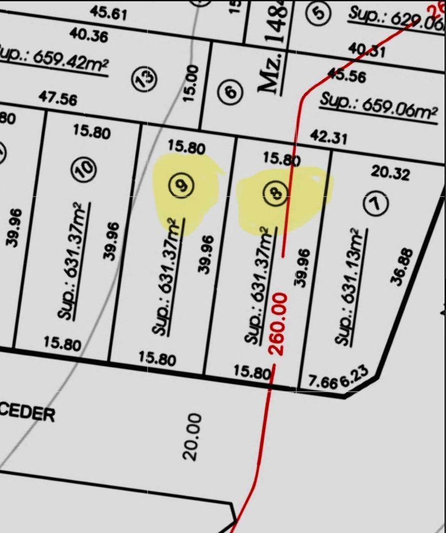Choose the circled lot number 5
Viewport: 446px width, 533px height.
pos(319,12)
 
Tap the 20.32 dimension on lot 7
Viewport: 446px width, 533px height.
pos(390,172)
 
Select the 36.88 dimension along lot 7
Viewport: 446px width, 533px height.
pos(401,266)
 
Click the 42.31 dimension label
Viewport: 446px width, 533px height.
pos(328,137)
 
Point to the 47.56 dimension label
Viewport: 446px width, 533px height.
pos(58,99)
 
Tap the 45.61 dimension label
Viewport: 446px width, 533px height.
pos(108,12)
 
